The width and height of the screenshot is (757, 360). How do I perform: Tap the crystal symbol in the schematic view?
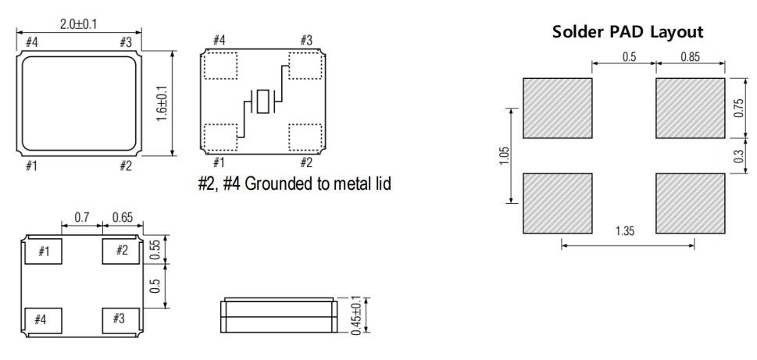[x=263, y=102]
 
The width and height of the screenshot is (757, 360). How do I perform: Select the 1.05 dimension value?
[x=504, y=156]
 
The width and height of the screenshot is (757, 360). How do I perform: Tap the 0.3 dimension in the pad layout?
[x=738, y=155]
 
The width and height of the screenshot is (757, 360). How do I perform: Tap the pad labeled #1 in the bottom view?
[x=44, y=251]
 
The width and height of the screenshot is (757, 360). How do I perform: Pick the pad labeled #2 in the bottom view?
[x=120, y=251]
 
